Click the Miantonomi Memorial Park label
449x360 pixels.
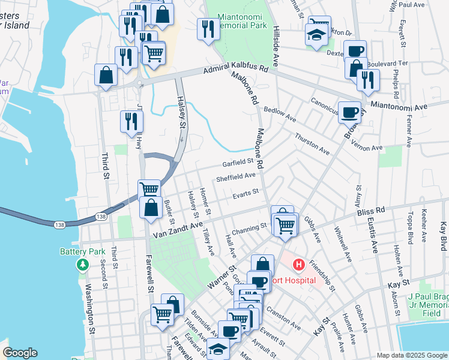pyautogui.click(x=243, y=22)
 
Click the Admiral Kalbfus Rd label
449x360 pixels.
pyautogui.click(x=235, y=69)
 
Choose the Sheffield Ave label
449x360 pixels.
pyautogui.click(x=236, y=178)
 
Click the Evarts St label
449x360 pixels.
pyautogui.click(x=246, y=193)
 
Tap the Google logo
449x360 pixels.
pyautogui.click(x=20, y=353)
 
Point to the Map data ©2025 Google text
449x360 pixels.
pyautogui.click(x=412, y=355)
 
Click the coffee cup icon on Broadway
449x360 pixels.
pyautogui.click(x=349, y=111)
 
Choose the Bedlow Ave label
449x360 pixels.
pyautogui.click(x=280, y=114)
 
